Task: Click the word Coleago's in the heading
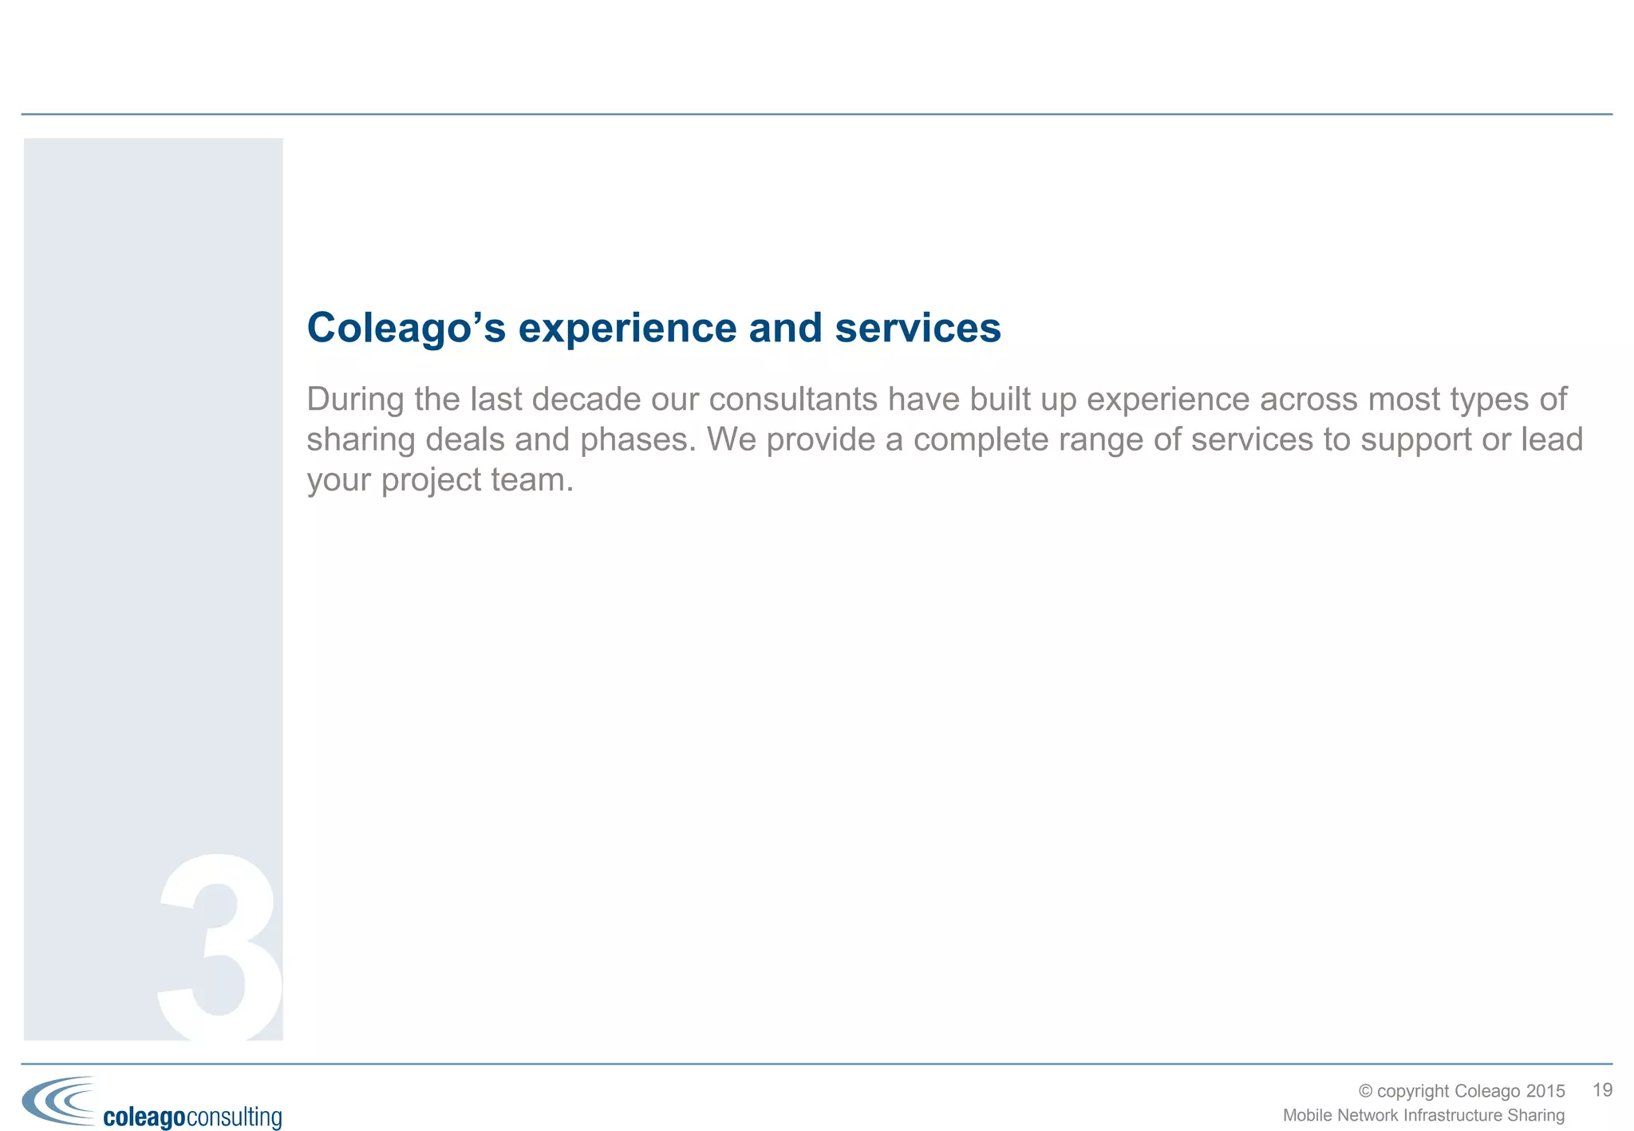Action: point(406,328)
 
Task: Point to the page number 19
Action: point(1602,1090)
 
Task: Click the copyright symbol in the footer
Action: point(1365,1091)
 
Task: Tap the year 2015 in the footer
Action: point(1545,1091)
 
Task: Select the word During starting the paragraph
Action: point(356,399)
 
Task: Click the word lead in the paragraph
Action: point(1552,439)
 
